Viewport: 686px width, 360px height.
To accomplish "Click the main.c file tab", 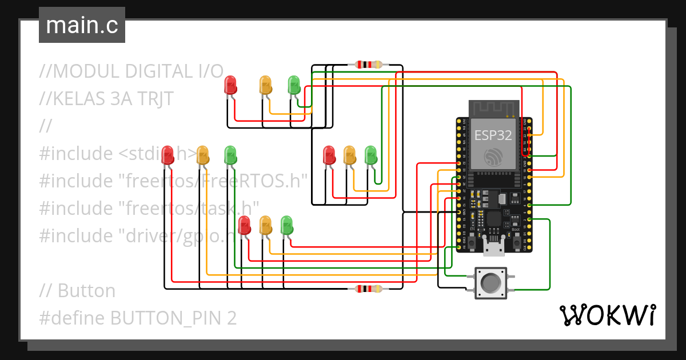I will (x=82, y=26).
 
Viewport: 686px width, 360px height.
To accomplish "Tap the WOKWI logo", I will (x=607, y=315).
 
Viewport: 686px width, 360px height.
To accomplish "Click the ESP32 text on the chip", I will (x=492, y=135).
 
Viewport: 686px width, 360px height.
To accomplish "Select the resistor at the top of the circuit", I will (x=369, y=65).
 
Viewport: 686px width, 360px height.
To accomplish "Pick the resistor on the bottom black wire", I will (x=369, y=289).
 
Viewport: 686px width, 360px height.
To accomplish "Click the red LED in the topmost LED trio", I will (x=230, y=85).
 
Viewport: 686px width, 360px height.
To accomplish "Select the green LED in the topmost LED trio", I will (x=294, y=85).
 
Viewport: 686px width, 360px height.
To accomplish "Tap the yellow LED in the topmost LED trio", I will (x=265, y=85).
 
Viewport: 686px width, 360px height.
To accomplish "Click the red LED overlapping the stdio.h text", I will (x=167, y=155).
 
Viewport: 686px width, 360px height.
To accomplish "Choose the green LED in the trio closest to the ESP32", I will (x=370, y=155).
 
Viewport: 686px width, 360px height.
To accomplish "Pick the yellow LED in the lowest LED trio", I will (x=265, y=225).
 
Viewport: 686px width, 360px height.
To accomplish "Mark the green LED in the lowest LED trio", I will (x=286, y=225).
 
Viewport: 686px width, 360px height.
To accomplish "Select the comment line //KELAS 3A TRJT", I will (x=106, y=99).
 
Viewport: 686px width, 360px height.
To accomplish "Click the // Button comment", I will (x=78, y=291).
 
